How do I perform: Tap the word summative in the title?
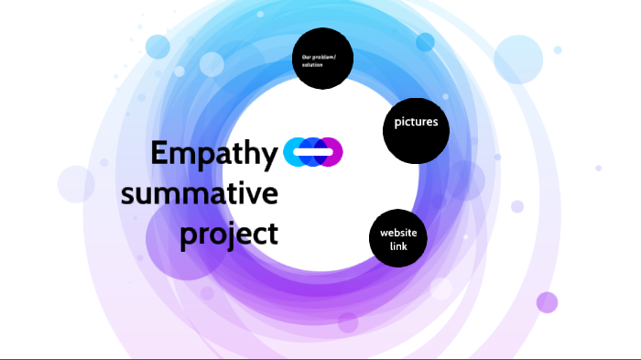199,195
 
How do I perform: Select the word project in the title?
228,235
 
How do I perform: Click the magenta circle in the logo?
333,152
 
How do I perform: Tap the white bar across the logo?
313,152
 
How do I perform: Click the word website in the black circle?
398,233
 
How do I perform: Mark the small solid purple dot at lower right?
547,302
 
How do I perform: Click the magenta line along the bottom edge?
320,358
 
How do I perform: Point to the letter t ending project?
271,234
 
